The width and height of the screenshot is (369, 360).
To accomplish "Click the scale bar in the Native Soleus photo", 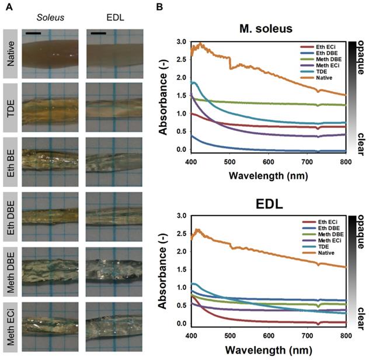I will tap(34, 33).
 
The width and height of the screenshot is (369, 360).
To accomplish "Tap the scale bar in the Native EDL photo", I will tap(99, 33).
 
